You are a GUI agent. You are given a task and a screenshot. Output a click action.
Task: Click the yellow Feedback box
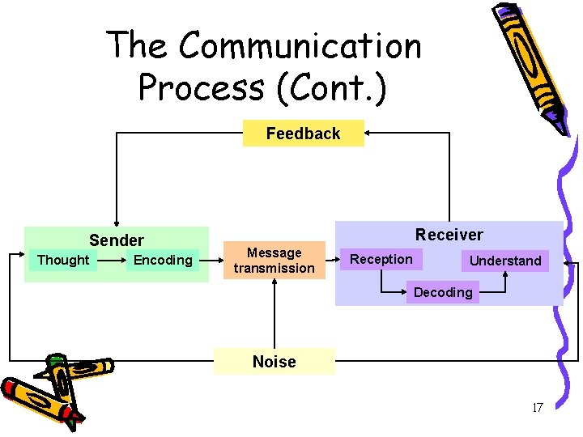click(303, 134)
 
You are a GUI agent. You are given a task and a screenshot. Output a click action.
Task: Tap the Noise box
click(274, 362)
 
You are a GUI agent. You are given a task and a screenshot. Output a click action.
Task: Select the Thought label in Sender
click(63, 260)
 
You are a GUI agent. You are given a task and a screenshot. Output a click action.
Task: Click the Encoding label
click(163, 260)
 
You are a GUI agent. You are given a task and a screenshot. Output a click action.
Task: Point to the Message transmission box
click(274, 261)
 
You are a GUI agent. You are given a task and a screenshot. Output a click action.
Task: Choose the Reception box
click(381, 259)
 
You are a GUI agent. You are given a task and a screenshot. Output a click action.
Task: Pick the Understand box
click(504, 261)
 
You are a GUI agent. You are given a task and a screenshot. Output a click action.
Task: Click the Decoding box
click(442, 292)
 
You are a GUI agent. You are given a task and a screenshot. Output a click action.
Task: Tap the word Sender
click(117, 240)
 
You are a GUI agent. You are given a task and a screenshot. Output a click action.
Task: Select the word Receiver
click(449, 235)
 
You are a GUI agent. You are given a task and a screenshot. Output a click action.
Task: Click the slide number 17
click(537, 408)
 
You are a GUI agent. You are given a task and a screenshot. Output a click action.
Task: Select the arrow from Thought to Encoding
click(112, 260)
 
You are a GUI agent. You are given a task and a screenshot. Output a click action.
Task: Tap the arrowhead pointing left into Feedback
click(369, 133)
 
